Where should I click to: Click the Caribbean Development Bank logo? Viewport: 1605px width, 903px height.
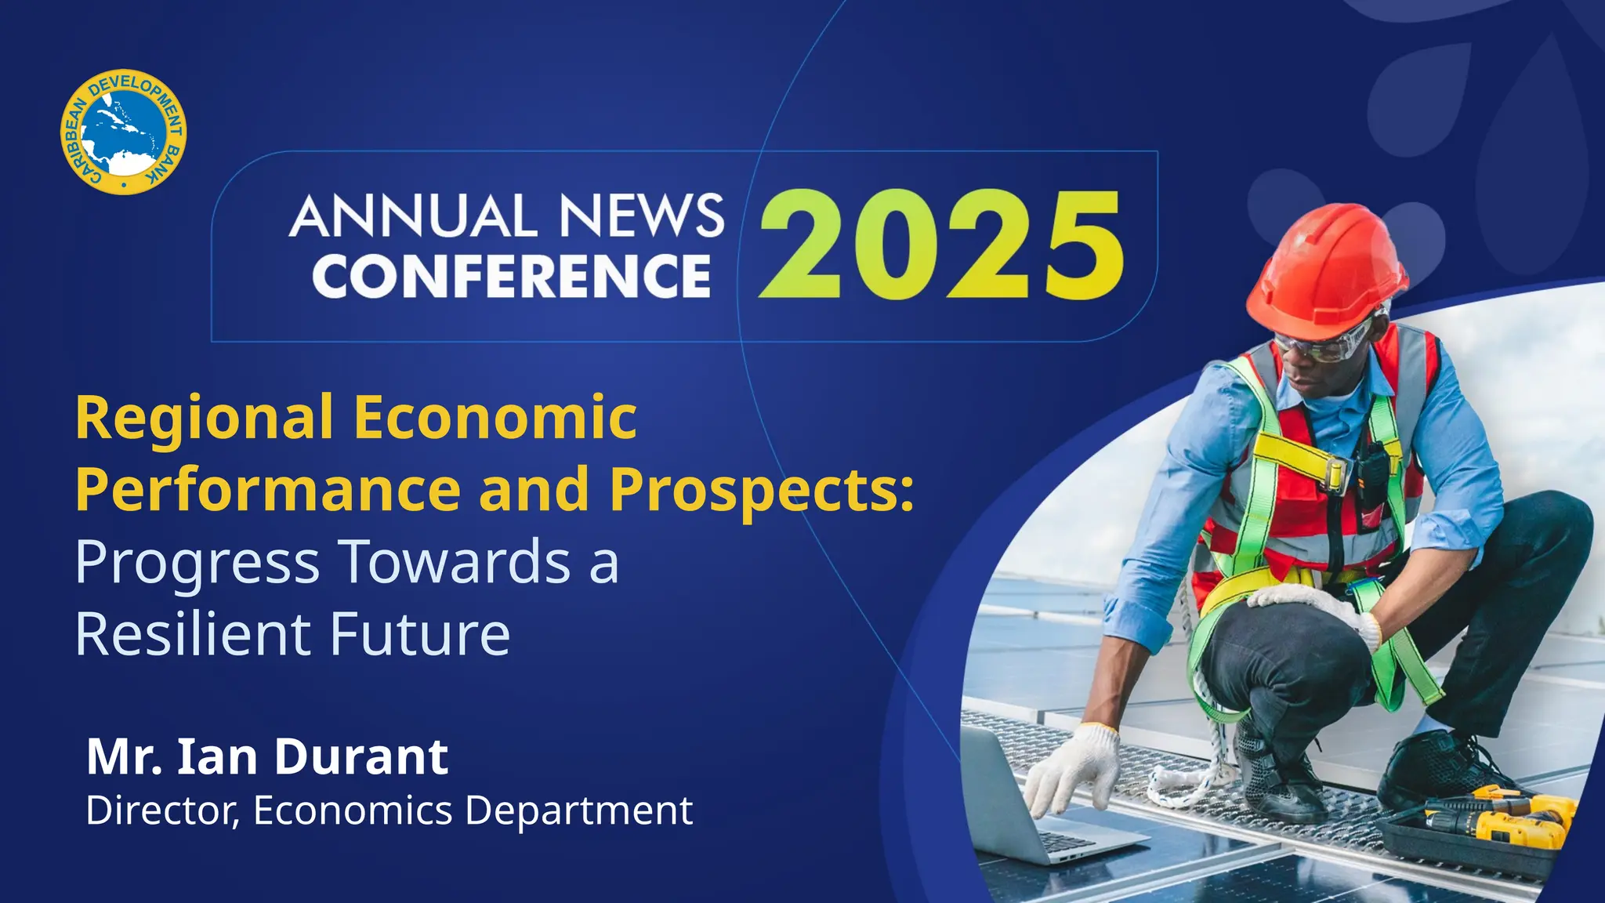pos(124,132)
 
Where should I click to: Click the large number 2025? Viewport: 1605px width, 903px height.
pos(941,245)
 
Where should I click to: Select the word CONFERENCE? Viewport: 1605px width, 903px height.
pos(512,276)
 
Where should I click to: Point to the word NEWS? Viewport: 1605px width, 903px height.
pos(641,216)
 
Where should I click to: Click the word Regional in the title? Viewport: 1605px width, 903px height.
pos(205,419)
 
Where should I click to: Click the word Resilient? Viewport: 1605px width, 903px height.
pos(197,633)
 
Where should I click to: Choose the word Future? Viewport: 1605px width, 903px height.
pos(420,633)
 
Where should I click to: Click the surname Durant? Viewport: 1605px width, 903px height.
pos(360,757)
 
